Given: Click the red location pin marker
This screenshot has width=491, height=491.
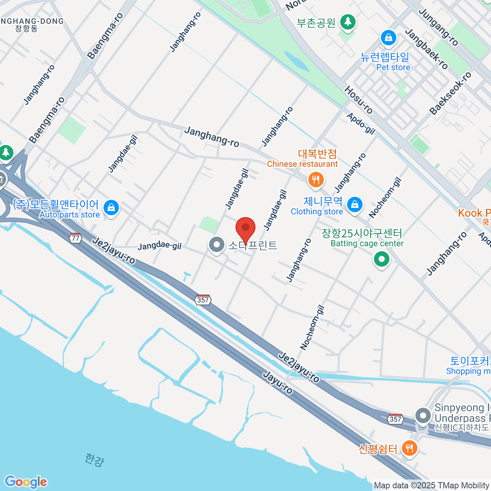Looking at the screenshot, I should [245, 228].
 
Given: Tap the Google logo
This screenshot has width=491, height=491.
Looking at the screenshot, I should [26, 482].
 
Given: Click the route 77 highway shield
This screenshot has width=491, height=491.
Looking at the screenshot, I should [75, 238].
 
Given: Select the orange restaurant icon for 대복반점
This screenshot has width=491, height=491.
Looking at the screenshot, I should [315, 180].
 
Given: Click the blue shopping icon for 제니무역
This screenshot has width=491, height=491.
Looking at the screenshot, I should [354, 204].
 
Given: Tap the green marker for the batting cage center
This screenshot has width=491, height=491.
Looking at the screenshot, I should [381, 259].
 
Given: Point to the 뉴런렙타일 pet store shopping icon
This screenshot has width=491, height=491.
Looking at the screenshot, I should [388, 38].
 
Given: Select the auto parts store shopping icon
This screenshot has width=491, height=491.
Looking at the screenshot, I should [111, 207].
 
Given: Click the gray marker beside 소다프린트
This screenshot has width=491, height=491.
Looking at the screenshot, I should [216, 245].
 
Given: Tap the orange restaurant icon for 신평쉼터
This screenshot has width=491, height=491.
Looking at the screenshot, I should [409, 448].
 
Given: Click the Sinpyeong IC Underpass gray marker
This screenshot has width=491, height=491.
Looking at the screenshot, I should [423, 416].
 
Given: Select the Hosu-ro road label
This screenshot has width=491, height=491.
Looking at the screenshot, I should [358, 100].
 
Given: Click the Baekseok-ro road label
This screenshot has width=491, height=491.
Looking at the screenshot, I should [450, 93].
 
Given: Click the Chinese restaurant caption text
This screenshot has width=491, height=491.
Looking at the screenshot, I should [302, 164].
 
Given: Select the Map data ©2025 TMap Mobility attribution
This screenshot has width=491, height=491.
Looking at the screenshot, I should [432, 486].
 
